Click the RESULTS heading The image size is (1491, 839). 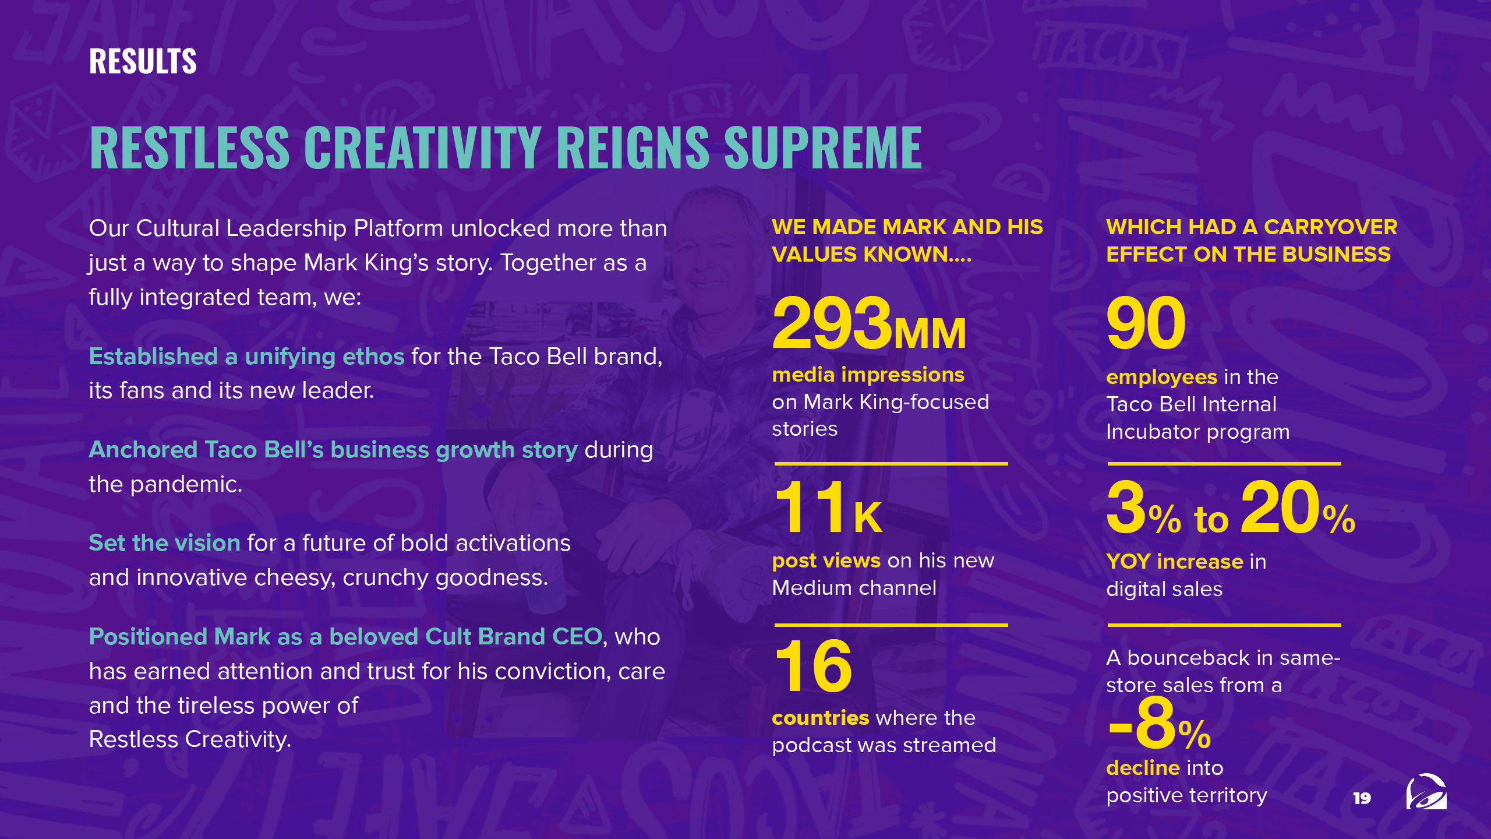(143, 61)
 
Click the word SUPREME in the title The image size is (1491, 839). (823, 148)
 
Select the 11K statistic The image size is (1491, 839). (828, 507)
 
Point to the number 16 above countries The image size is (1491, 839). (814, 665)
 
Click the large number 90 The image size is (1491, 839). (1146, 322)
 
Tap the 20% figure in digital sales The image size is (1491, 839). (1298, 507)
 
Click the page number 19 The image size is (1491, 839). (1362, 798)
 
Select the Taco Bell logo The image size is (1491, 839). (1426, 792)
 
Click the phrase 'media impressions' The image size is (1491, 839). (868, 375)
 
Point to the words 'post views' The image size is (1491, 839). (826, 561)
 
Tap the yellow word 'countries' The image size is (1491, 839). (820, 718)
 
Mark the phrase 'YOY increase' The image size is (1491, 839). (1175, 562)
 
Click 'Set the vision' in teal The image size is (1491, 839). (164, 543)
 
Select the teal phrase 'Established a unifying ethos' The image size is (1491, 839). (246, 357)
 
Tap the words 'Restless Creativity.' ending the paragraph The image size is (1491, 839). (190, 739)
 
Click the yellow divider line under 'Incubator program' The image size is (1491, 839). (1224, 464)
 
